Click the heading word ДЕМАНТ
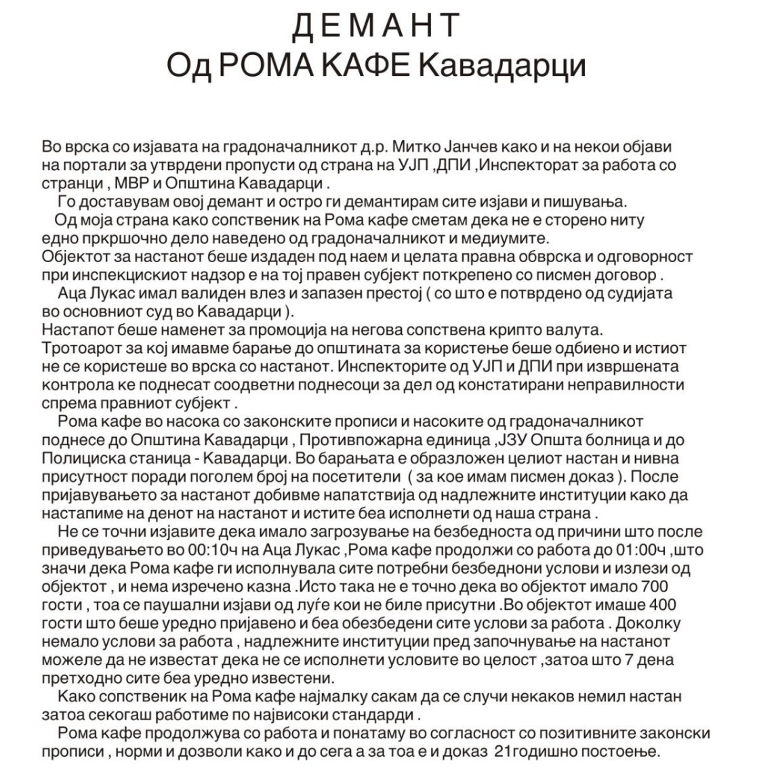377,26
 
